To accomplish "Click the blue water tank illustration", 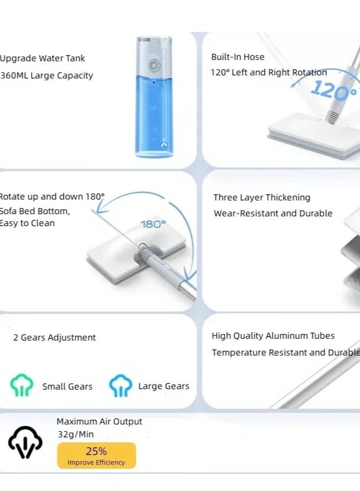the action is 154,97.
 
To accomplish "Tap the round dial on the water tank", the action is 154,66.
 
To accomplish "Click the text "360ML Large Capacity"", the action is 46,76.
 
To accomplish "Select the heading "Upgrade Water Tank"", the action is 42,58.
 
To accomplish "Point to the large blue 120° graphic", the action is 334,91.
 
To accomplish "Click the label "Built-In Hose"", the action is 238,56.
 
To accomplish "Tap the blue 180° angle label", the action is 153,224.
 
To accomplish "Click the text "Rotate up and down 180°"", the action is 52,196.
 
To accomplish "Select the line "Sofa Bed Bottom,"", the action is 34,211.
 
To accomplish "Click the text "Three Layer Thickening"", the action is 262,197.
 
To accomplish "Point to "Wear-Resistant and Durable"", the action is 273,213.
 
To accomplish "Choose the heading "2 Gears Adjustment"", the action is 55,337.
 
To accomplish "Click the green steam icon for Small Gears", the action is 22,385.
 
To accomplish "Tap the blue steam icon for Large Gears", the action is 121,385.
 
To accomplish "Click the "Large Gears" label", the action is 164,386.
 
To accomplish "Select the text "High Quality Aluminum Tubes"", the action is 273,336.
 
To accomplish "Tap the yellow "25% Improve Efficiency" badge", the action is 96,456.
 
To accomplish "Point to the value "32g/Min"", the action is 76,435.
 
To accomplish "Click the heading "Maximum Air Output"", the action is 99,421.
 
